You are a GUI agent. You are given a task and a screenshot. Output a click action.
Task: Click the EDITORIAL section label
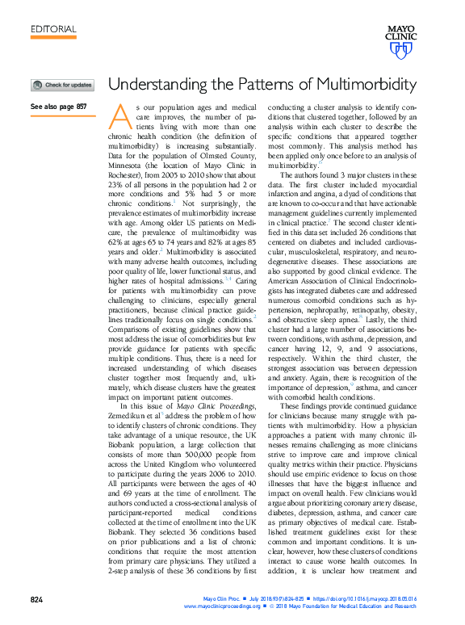pyautogui.click(x=53, y=30)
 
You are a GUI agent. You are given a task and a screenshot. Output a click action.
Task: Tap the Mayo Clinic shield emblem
pyautogui.click(x=400, y=51)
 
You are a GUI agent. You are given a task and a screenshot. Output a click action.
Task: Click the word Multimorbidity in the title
pyautogui.click(x=371, y=84)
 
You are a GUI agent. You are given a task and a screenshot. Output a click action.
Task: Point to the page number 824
pyautogui.click(x=37, y=600)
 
